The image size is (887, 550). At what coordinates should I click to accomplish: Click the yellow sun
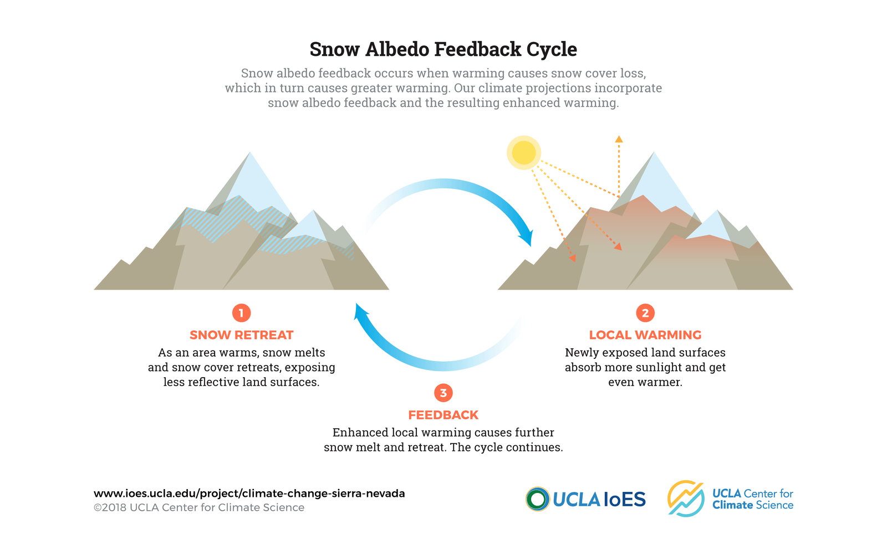point(523,153)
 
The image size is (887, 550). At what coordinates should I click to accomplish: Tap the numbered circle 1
point(242,313)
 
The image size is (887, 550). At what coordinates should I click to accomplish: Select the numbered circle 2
point(645,313)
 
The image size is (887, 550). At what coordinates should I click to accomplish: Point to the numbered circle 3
point(443,393)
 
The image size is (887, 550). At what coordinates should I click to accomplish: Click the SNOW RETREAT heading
point(242,335)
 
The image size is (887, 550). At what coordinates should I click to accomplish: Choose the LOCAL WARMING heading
point(645,335)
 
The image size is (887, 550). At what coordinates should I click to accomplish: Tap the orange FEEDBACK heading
point(443,415)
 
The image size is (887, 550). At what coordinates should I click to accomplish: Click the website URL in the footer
point(249,494)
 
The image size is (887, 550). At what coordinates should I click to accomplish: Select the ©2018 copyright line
point(199,508)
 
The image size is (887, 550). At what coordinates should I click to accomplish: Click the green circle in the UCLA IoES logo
point(537,499)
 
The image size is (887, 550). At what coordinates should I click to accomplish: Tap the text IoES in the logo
point(624,500)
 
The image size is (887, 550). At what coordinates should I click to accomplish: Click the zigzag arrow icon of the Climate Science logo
point(686,498)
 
